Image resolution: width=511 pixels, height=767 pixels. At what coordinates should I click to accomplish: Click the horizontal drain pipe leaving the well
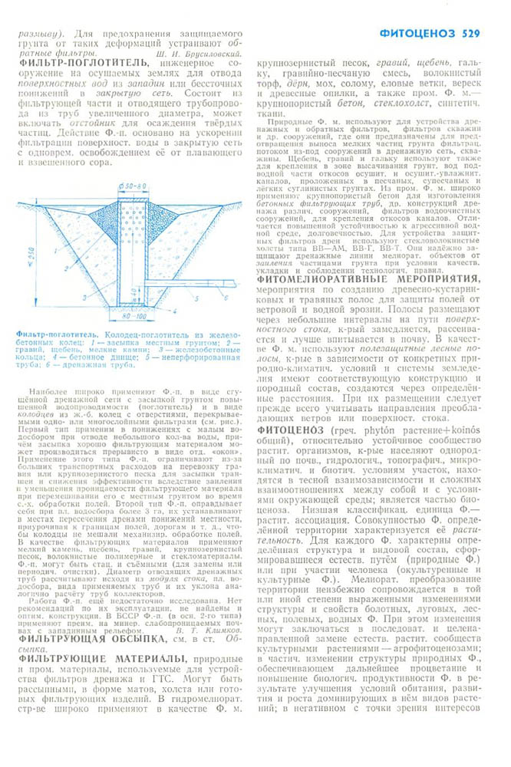(x=192, y=283)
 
